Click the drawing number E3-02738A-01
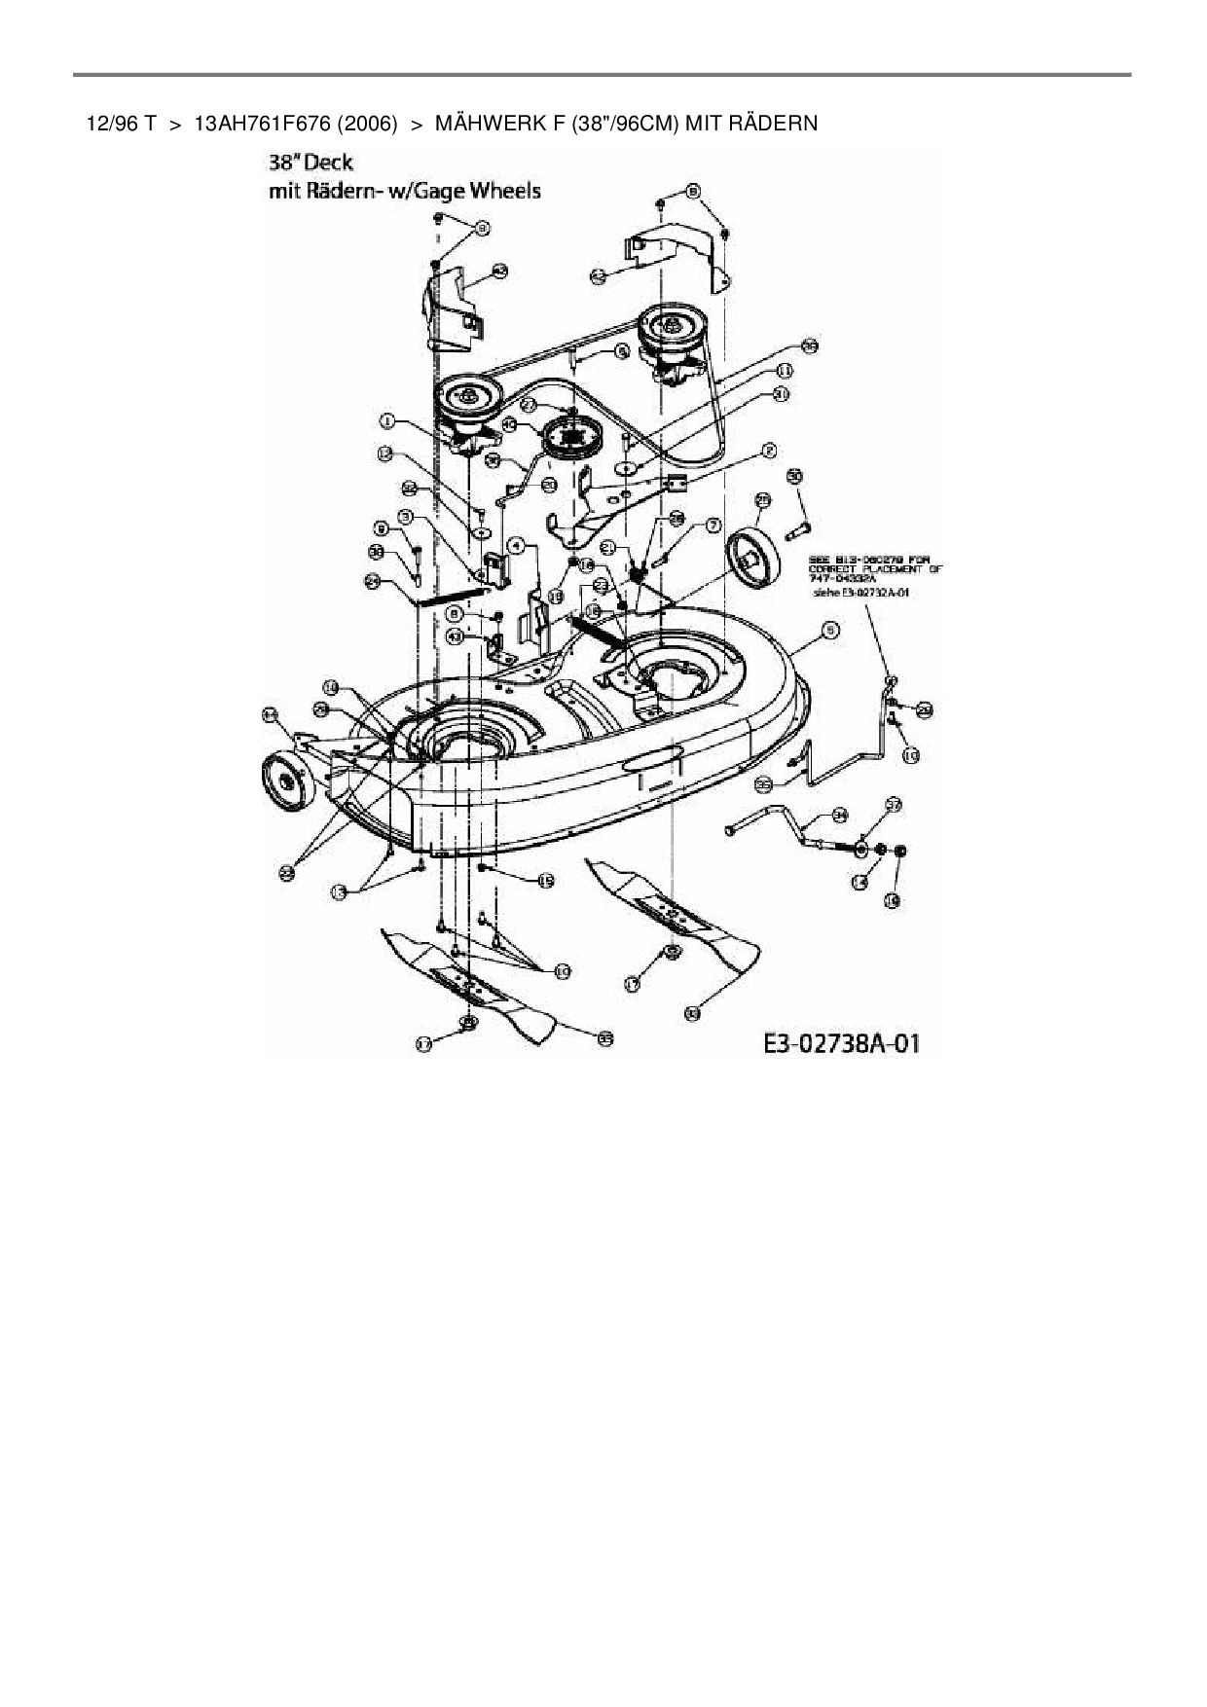click(x=841, y=1044)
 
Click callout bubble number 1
click(x=387, y=421)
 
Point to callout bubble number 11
click(x=785, y=371)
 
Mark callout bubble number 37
click(x=894, y=805)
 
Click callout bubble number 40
click(x=509, y=425)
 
